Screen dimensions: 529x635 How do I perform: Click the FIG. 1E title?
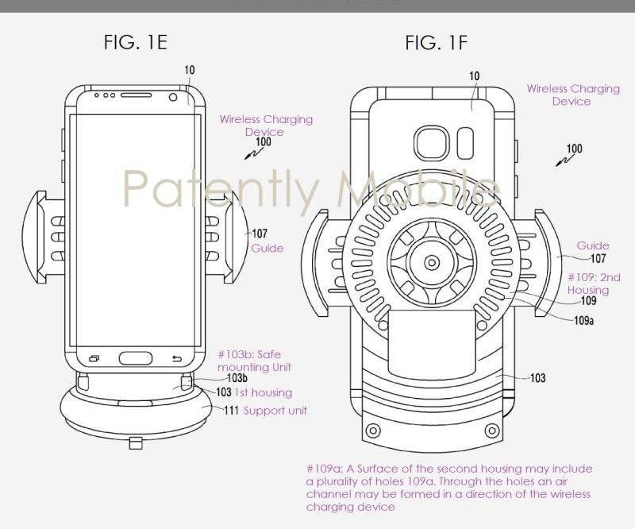tap(136, 42)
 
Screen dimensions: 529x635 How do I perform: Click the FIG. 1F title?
tap(436, 42)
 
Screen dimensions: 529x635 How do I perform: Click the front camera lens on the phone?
tap(174, 97)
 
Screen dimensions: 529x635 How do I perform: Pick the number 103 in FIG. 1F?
tap(537, 377)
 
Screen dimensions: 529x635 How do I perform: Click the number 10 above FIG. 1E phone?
tap(189, 71)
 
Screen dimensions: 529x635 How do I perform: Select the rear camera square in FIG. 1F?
tap(433, 141)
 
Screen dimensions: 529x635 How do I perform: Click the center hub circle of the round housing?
tap(433, 262)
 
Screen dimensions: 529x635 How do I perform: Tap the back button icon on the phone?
tap(176, 357)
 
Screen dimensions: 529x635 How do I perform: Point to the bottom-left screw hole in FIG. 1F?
tap(370, 432)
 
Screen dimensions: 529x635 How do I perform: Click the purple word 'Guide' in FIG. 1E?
tap(267, 248)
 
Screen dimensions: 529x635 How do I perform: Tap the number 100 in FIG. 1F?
tap(573, 149)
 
